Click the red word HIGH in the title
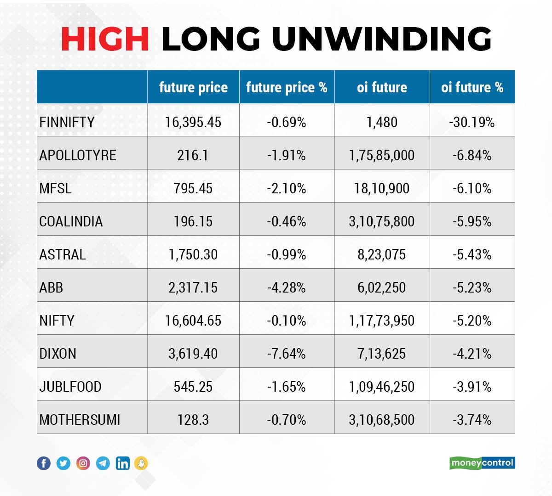click(x=105, y=39)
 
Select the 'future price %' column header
click(x=287, y=87)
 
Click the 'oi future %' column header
click(x=472, y=87)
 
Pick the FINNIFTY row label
click(x=67, y=122)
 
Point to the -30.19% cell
click(x=472, y=122)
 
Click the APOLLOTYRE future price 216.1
click(x=193, y=155)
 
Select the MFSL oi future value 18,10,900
click(x=381, y=188)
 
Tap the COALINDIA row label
click(x=71, y=221)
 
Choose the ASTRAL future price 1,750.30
click(x=193, y=254)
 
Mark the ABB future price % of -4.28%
click(x=287, y=287)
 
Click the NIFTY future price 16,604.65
click(x=193, y=321)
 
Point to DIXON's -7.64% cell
click(x=287, y=354)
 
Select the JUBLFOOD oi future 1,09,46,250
click(x=381, y=387)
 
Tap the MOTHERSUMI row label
click(x=80, y=420)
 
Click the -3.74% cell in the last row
click(x=472, y=420)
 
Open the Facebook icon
click(x=44, y=463)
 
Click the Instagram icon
click(x=83, y=463)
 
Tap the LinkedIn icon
click(x=123, y=463)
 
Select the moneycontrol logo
click(x=482, y=463)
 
